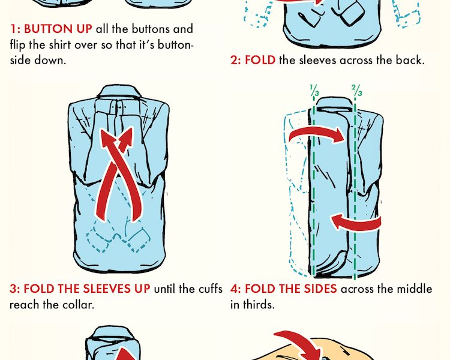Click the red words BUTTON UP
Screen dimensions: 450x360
(58, 29)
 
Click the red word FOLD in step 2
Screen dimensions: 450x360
(260, 60)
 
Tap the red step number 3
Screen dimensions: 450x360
(14, 289)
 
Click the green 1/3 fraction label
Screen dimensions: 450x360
(314, 91)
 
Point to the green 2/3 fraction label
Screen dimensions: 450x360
(357, 91)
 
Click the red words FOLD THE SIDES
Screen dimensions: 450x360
(291, 289)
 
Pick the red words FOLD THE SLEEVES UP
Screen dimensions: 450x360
(86, 289)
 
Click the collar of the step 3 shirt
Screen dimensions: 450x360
(119, 92)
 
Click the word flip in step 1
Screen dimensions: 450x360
(18, 45)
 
